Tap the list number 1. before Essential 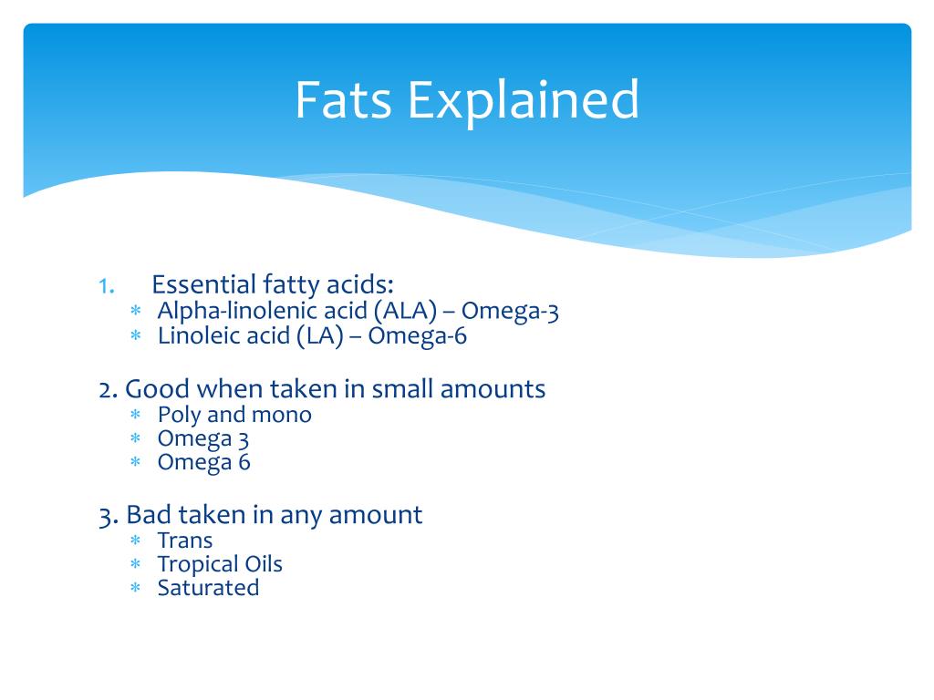coord(106,285)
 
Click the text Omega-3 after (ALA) coord(514,312)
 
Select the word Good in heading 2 coord(149,389)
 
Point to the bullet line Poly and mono coord(234,415)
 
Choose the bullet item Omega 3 coord(203,438)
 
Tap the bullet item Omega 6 coord(203,462)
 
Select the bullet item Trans coord(184,540)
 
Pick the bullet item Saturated coord(208,588)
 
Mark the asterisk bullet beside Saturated coord(135,589)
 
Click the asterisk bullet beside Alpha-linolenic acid coord(135,313)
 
